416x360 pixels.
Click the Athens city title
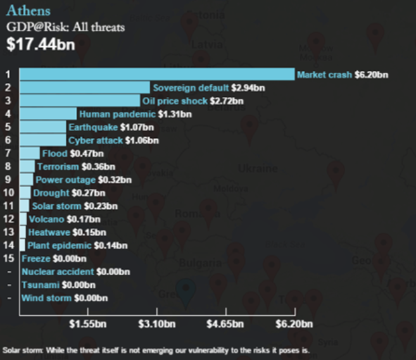point(28,11)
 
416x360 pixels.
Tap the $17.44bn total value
point(41,44)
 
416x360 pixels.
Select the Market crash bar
point(157,74)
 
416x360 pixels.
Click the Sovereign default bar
point(85,87)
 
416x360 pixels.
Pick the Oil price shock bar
point(80,101)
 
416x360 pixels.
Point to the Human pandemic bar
point(48,114)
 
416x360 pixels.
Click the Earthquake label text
point(93,127)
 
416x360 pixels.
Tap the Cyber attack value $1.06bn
point(142,140)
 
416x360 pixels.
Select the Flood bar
point(30,153)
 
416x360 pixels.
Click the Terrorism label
point(58,167)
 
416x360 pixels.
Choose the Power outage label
point(65,180)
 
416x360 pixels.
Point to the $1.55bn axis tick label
point(88,324)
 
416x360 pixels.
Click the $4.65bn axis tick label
point(225,324)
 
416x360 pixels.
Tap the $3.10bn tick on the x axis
point(157,311)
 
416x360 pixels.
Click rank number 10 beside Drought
point(8,193)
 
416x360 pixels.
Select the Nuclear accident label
point(58,271)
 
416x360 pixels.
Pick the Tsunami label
point(41,285)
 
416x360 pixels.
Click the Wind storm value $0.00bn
point(91,298)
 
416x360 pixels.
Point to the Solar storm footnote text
point(156,351)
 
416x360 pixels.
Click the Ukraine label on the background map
point(258,168)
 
